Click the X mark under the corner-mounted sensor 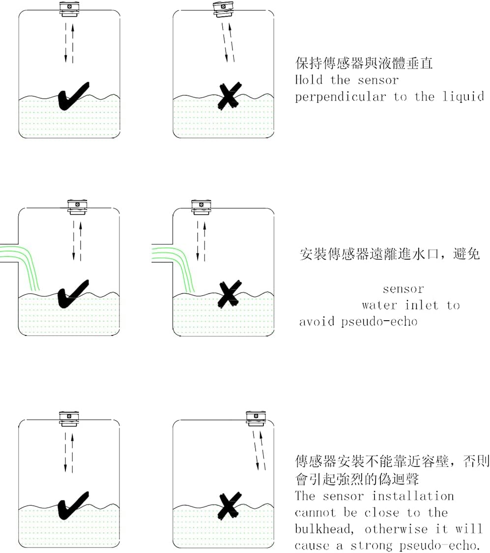point(229,506)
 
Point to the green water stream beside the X point(179,268)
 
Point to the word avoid point(317,322)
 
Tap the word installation point(412,496)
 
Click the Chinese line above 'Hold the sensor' point(364,63)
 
